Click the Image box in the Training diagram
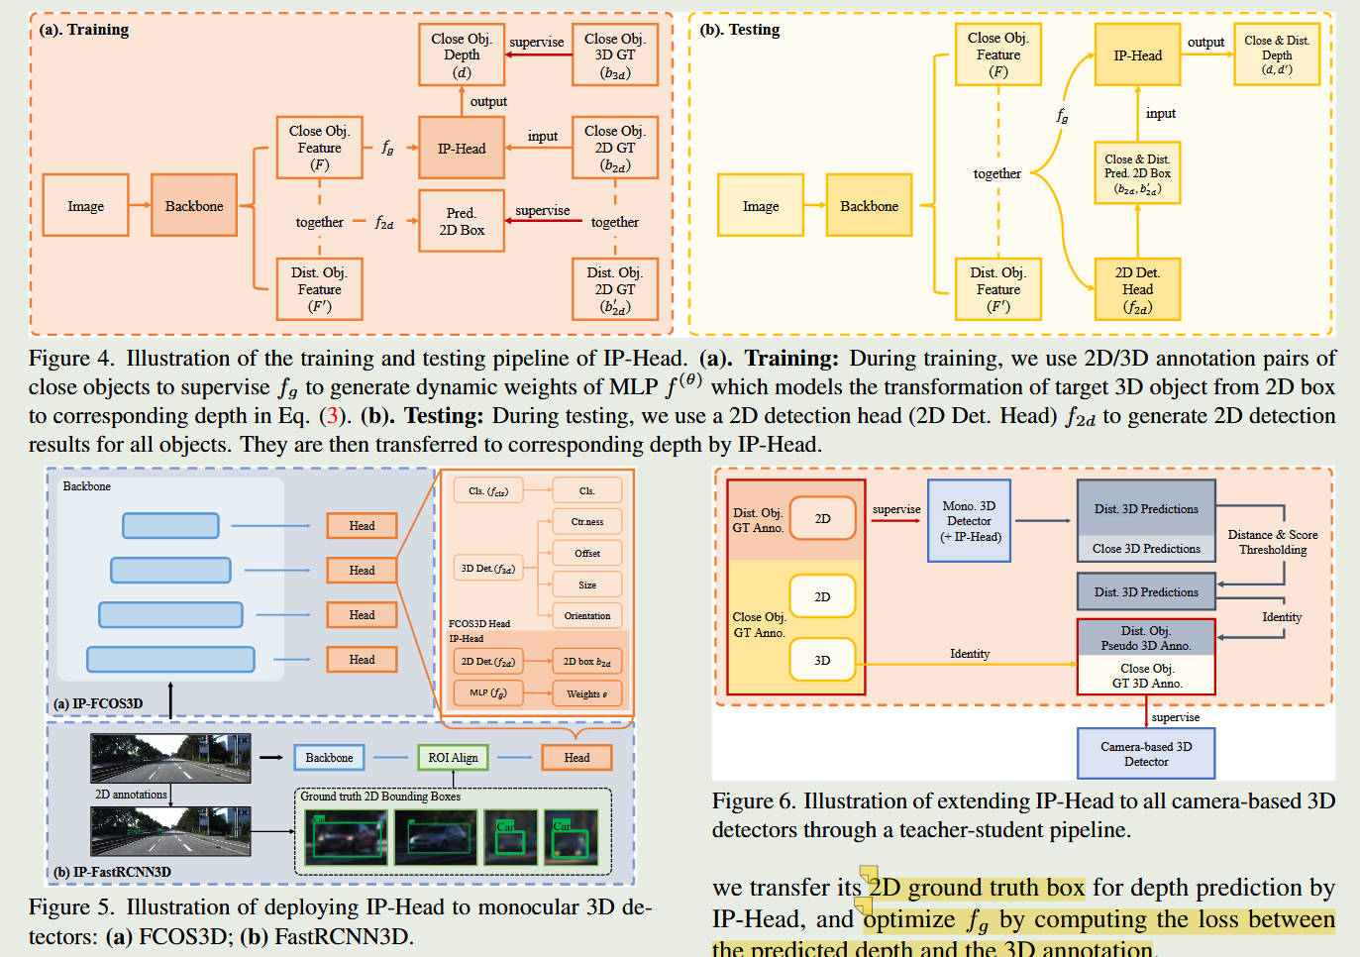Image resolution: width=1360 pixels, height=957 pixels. (x=85, y=206)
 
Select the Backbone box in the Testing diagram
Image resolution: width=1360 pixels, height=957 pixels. (x=869, y=206)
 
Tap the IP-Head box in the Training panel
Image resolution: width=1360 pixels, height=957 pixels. (x=462, y=149)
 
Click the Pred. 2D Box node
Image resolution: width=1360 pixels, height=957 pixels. (x=462, y=221)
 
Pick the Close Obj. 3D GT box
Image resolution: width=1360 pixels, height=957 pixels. (x=614, y=54)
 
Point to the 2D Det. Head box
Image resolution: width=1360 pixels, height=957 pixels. (x=1137, y=289)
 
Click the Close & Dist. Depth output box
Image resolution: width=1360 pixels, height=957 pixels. (x=1276, y=55)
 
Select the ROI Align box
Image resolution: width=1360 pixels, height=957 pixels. (x=453, y=758)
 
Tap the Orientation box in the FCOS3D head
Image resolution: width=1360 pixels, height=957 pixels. (x=587, y=616)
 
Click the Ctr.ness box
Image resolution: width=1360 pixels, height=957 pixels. (x=587, y=522)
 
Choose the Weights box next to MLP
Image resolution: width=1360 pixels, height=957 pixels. (x=587, y=693)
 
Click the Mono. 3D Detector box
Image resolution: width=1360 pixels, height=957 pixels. (x=969, y=521)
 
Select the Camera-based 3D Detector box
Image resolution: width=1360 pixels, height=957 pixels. (x=1146, y=754)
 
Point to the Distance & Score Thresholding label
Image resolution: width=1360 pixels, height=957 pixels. (x=1272, y=542)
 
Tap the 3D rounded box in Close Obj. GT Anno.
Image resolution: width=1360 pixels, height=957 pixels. (x=822, y=660)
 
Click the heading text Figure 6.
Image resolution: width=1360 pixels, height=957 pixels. (x=753, y=801)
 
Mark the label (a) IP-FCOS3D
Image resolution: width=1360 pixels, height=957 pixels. (x=98, y=703)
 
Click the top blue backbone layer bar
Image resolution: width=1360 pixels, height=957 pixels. (x=170, y=525)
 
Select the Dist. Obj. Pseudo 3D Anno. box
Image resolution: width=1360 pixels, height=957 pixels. (x=1146, y=638)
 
